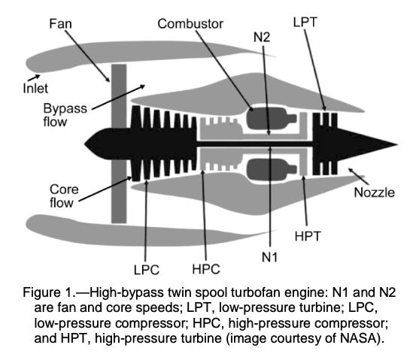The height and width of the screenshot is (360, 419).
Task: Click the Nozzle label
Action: click(374, 192)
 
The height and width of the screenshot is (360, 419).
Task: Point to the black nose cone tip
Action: click(89, 141)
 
